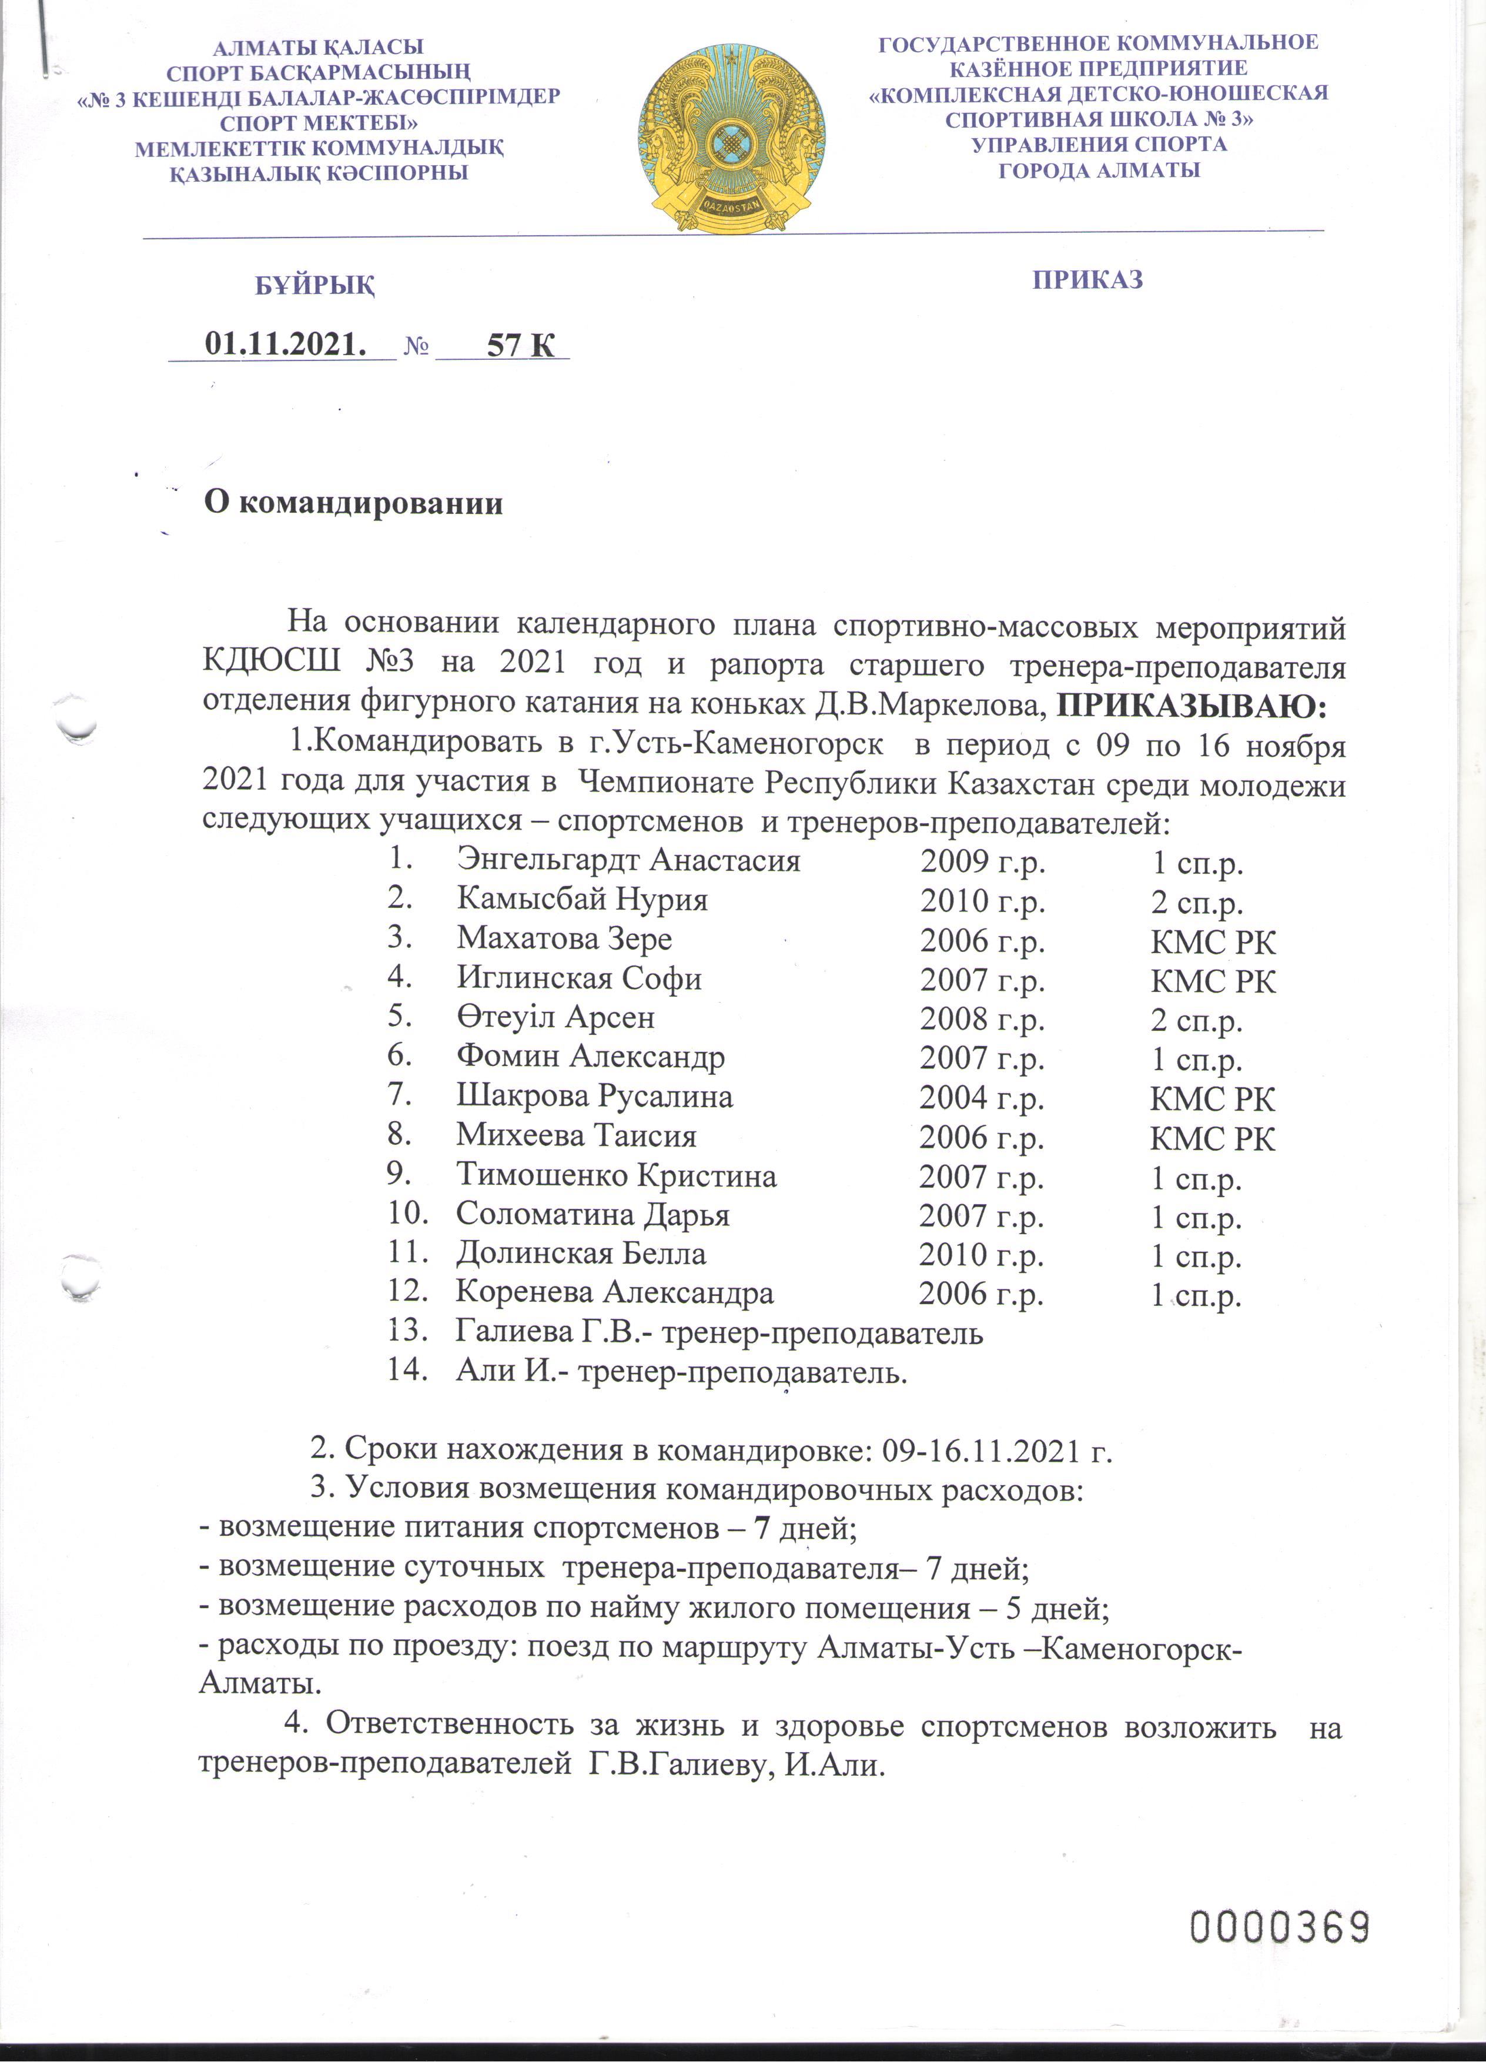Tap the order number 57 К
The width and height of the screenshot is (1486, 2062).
[x=520, y=345]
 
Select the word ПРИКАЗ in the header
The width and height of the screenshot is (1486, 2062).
[x=1087, y=279]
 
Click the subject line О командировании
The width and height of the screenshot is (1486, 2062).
[x=353, y=503]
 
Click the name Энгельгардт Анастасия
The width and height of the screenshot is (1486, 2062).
[x=628, y=860]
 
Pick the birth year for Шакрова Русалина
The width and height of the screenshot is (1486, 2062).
[x=980, y=1098]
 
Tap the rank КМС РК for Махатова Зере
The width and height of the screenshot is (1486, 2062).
[x=1213, y=942]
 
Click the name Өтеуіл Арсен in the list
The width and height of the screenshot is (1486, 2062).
[x=555, y=1018]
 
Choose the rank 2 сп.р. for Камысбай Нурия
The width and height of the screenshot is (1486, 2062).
[x=1196, y=903]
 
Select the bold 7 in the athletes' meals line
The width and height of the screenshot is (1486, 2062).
[x=762, y=1528]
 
